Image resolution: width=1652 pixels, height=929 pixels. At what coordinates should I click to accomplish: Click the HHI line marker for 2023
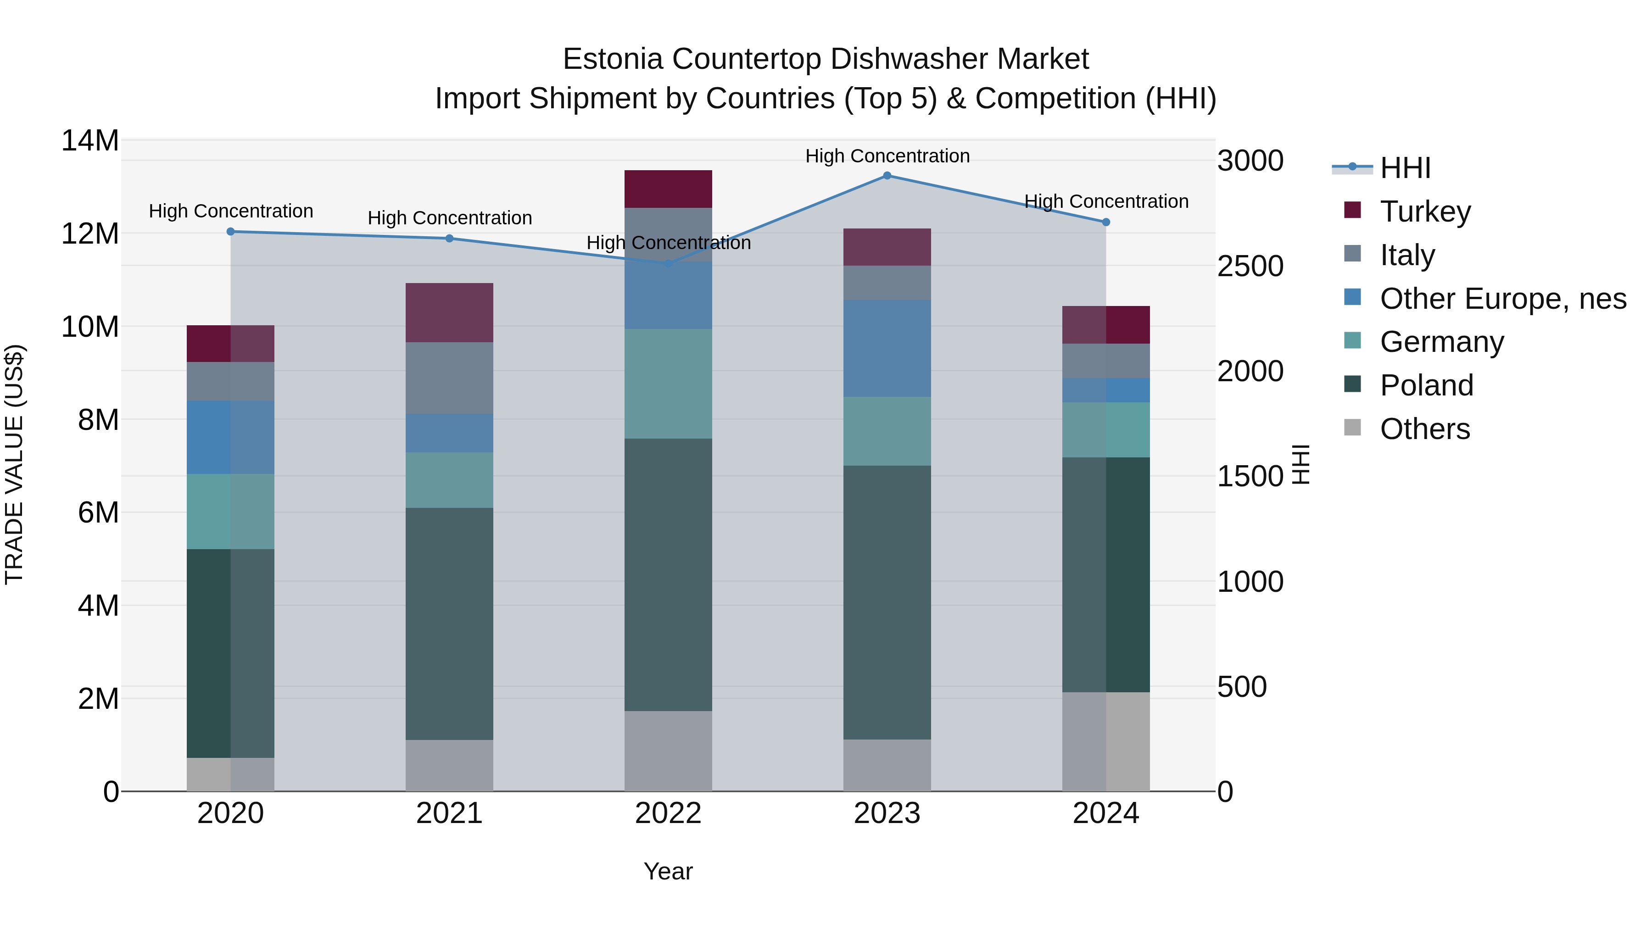[x=887, y=176]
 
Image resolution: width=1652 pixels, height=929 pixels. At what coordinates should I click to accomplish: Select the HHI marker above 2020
[x=231, y=232]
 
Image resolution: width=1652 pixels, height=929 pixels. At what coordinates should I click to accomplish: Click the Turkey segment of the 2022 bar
[x=668, y=189]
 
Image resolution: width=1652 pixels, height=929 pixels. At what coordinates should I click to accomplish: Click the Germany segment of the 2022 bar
[x=668, y=384]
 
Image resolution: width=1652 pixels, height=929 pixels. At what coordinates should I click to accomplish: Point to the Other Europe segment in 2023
[x=887, y=348]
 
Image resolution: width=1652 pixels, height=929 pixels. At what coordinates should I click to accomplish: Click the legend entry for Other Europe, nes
[x=1502, y=299]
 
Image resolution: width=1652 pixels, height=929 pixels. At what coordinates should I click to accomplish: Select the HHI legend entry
[x=1405, y=168]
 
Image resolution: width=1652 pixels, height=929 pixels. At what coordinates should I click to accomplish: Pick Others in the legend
[x=1424, y=429]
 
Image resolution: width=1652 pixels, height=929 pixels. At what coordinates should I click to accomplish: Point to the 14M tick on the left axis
[x=90, y=140]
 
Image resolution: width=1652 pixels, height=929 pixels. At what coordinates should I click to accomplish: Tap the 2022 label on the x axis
[x=668, y=813]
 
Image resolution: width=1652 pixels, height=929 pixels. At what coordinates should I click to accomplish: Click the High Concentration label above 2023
[x=887, y=156]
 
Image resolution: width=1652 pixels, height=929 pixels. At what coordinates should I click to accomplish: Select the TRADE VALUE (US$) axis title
[x=14, y=464]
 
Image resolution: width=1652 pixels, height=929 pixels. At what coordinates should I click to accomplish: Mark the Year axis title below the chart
[x=668, y=871]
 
